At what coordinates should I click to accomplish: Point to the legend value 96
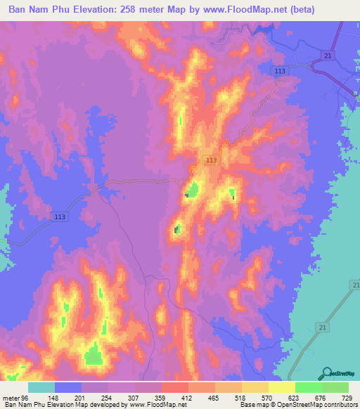[25, 398]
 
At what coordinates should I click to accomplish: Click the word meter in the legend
[11, 398]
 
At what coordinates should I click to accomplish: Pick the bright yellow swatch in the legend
[281, 388]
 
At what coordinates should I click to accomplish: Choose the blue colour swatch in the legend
[68, 388]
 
